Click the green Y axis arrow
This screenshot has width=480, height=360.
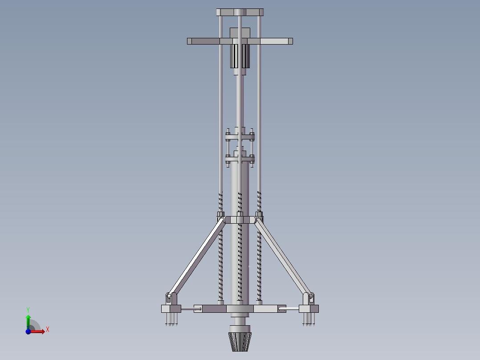pos(28,322)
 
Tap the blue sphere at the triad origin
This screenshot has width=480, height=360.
pos(28,331)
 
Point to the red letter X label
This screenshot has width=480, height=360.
pos(48,330)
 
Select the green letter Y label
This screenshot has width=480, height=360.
pos(28,310)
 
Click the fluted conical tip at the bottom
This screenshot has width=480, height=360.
pos(240,342)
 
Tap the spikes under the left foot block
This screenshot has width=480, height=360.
pos(171,319)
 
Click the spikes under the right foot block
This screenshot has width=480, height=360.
pos(309,319)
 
